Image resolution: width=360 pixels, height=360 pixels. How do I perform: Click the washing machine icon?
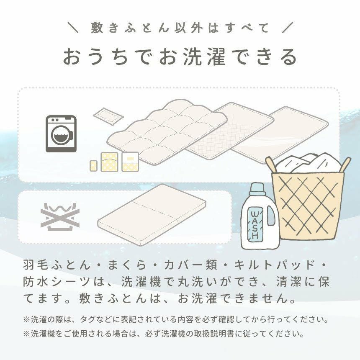pos(61,134)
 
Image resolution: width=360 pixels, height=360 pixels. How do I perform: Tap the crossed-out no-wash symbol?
pos(60,217)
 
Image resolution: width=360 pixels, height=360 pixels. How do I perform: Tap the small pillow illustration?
pos(108,116)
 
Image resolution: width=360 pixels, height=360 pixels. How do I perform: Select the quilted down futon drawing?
pos(167,131)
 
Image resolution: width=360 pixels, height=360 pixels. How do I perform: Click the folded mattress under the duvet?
pos(152,214)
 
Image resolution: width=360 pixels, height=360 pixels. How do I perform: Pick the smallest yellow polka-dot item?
pos(94,165)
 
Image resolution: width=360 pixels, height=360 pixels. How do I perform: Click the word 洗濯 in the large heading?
pos(205,57)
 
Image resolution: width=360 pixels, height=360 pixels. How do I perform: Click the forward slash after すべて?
pos(288,28)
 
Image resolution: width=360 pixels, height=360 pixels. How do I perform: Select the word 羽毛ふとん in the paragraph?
pos(57,265)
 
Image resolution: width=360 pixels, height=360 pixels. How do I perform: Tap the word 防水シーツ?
pos(57,282)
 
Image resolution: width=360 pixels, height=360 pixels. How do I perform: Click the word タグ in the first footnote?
pos(88,319)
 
